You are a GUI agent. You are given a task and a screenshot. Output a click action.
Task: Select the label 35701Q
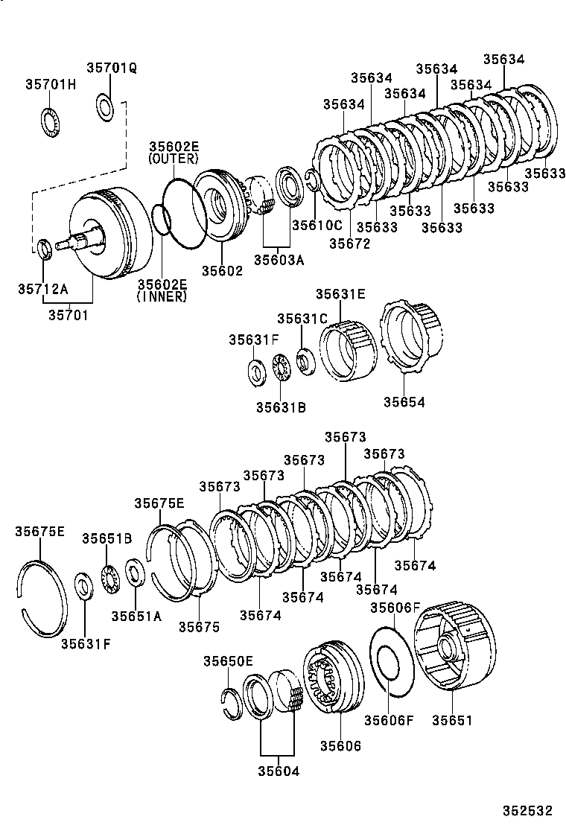(111, 67)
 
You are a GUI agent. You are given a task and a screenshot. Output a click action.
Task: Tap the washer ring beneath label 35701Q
(105, 106)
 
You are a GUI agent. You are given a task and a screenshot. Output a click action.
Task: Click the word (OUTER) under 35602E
(174, 159)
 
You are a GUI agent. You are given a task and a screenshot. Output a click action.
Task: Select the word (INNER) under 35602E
(162, 296)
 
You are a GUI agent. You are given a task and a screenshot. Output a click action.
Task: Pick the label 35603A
(279, 259)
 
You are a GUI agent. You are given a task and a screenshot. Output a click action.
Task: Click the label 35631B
(281, 407)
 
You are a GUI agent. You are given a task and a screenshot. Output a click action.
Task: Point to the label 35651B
(107, 538)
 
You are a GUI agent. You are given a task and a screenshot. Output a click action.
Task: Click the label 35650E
(228, 661)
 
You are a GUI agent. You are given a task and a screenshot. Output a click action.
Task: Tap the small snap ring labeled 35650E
(232, 702)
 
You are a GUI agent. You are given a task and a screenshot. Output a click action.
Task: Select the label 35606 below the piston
(340, 745)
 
